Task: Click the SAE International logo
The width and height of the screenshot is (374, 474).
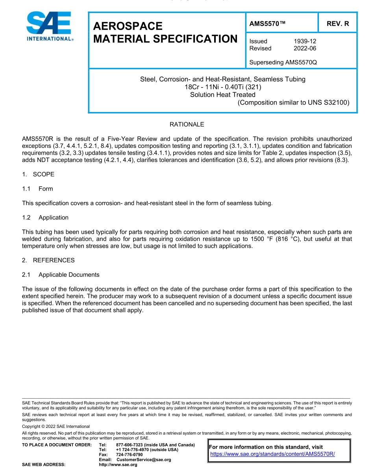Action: (49, 26)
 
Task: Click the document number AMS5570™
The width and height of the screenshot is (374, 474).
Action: (267, 24)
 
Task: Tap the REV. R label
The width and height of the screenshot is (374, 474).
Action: (337, 24)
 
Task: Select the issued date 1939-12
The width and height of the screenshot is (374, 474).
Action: (305, 41)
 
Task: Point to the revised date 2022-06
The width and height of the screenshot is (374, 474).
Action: (305, 48)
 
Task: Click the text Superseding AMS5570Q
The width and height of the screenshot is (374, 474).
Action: (283, 62)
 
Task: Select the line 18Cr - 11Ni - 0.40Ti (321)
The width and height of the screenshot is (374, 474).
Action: (223, 87)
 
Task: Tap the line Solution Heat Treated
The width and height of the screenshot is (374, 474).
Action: (223, 95)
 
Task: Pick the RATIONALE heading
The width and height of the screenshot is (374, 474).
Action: (187, 124)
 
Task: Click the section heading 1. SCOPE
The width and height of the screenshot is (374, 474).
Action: (38, 174)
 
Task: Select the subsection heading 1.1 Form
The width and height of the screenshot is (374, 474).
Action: (37, 188)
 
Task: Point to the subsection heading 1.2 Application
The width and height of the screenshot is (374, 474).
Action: (45, 217)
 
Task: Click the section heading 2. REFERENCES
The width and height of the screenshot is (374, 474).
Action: (48, 260)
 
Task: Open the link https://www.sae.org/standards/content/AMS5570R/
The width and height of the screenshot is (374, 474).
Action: (272, 454)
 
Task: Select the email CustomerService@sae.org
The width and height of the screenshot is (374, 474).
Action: (144, 460)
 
